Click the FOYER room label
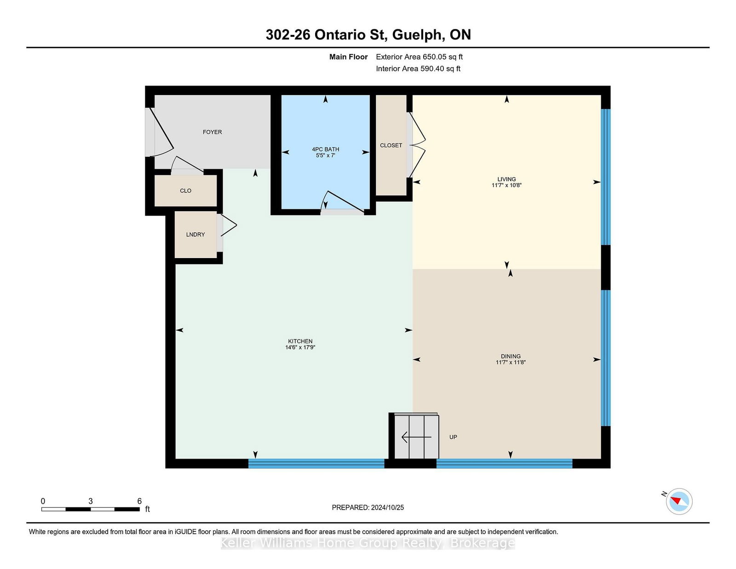[x=212, y=132]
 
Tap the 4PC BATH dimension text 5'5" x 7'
[x=325, y=155]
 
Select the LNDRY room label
[x=195, y=235]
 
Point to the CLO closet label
[x=185, y=190]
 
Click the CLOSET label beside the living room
[x=391, y=145]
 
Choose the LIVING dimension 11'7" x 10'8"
[x=506, y=185]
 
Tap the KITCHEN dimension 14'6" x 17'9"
[x=300, y=348]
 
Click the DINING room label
[x=511, y=356]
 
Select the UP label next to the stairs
[x=453, y=437]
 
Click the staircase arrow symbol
[x=416, y=437]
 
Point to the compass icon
[x=679, y=501]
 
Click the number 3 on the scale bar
[x=91, y=501]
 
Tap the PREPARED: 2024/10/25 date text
[x=368, y=507]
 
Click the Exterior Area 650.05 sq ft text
[x=419, y=57]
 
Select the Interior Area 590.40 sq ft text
[x=418, y=69]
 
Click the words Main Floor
[x=348, y=57]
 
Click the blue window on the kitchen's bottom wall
[x=316, y=463]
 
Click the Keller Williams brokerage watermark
[x=368, y=543]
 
